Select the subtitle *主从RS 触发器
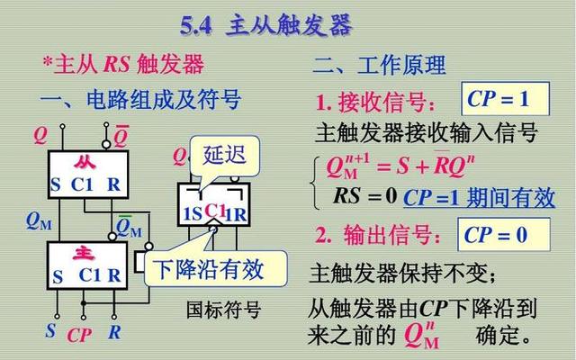(123, 64)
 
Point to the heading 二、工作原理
(379, 65)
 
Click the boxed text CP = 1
(497, 98)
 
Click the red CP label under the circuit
(80, 334)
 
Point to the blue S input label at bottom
(50, 330)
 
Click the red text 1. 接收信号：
(379, 101)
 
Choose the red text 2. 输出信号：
(379, 236)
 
